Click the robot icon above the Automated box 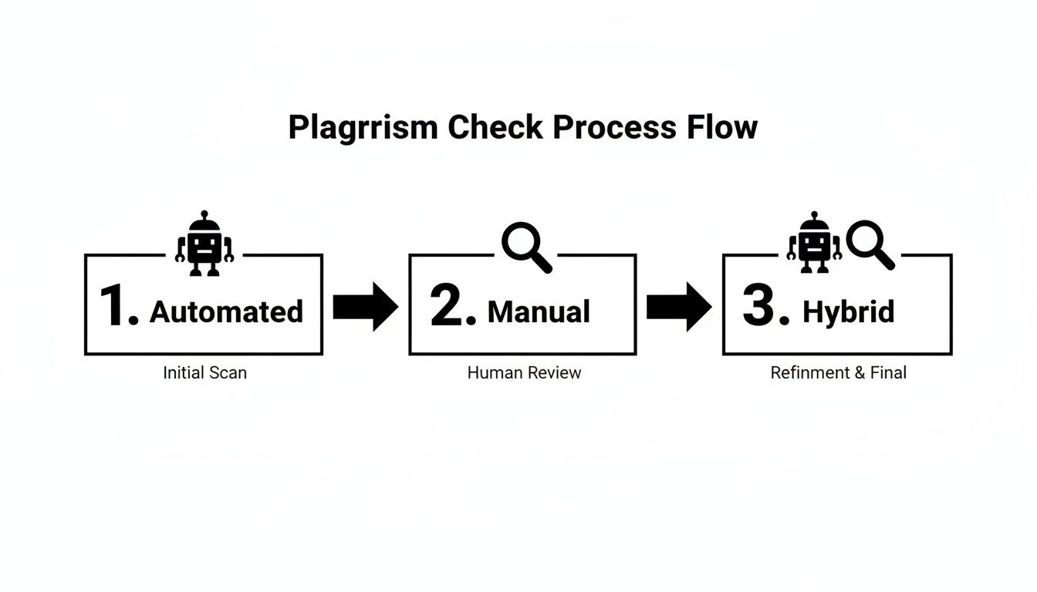point(204,244)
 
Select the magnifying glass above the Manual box point(526,247)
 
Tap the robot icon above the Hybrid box point(814,244)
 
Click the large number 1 point(118,306)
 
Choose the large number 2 point(452,306)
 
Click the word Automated point(226,312)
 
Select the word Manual point(539,312)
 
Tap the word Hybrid point(849,312)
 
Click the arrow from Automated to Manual point(365,307)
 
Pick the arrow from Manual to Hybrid point(678,307)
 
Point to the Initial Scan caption point(205,373)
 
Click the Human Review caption point(524,373)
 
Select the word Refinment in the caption point(810,373)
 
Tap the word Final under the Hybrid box point(888,373)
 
